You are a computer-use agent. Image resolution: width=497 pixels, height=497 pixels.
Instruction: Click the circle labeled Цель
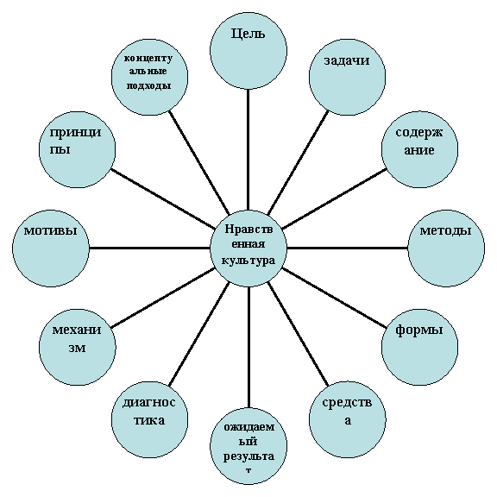pyautogui.click(x=248, y=51)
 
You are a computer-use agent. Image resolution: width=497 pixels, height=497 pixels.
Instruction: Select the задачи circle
pyautogui.click(x=348, y=77)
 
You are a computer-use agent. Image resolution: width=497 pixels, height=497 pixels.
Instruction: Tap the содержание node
pyautogui.click(x=419, y=149)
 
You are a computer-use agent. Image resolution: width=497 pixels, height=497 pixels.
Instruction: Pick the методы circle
pyautogui.click(x=446, y=248)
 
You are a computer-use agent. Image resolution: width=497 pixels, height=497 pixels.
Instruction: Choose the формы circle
pyautogui.click(x=419, y=347)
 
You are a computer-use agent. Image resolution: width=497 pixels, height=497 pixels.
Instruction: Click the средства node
pyautogui.click(x=348, y=419)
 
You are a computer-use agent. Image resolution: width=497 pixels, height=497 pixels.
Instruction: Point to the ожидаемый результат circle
pyautogui.click(x=248, y=446)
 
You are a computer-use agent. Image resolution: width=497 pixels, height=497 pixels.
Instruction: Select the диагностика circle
pyautogui.click(x=149, y=419)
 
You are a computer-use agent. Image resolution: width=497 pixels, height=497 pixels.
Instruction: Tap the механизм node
pyautogui.click(x=78, y=347)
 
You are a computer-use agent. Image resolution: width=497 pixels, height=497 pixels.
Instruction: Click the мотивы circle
pyautogui.click(x=51, y=248)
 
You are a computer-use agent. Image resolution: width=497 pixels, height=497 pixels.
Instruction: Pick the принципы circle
pyautogui.click(x=78, y=149)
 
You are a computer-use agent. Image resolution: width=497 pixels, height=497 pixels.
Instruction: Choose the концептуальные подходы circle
pyautogui.click(x=149, y=77)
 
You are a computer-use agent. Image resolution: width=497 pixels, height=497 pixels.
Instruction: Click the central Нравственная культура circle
pyautogui.click(x=248, y=248)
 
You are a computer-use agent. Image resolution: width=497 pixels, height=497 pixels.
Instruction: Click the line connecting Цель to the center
pyautogui.click(x=248, y=149)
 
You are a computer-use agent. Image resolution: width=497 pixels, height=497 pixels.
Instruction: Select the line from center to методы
pyautogui.click(x=348, y=248)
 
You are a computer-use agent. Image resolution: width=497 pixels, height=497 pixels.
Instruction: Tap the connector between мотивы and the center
pyautogui.click(x=149, y=248)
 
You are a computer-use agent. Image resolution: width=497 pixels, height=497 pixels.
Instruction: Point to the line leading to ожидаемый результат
pyautogui.click(x=248, y=347)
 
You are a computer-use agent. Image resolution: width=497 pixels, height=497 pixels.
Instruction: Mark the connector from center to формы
pyautogui.click(x=334, y=298)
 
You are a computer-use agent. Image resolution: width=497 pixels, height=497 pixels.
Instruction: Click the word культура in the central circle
pyautogui.click(x=248, y=261)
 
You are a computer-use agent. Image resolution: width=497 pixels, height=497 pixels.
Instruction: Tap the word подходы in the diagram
pyautogui.click(x=149, y=86)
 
